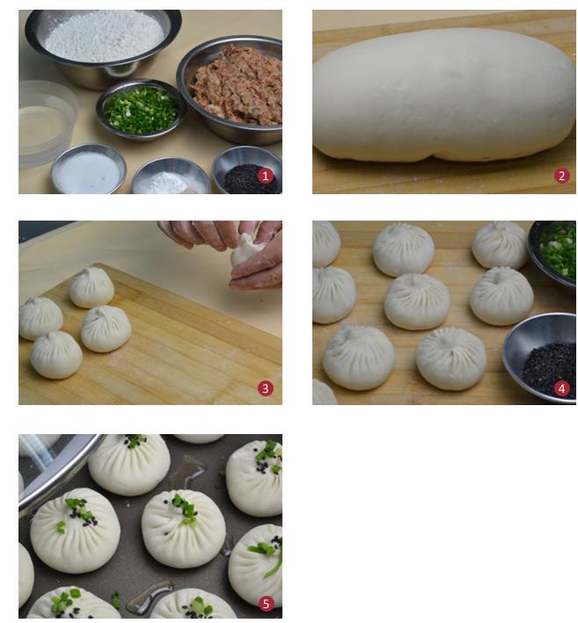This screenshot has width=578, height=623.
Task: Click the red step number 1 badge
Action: [266, 175]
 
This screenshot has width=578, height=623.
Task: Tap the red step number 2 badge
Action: [561, 176]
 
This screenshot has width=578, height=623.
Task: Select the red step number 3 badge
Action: [266, 388]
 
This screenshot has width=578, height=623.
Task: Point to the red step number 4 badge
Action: [561, 388]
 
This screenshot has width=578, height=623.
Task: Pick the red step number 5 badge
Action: [266, 604]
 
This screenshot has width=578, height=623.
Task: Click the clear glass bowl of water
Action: [45, 123]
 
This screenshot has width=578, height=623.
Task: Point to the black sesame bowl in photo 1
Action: [247, 170]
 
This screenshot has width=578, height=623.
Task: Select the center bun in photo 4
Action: [417, 301]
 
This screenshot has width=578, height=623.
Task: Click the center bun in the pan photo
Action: [183, 529]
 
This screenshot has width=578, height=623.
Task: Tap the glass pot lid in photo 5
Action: [55, 469]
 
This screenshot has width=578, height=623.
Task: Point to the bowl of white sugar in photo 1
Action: [88, 170]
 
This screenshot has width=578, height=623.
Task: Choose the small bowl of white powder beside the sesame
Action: [171, 177]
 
